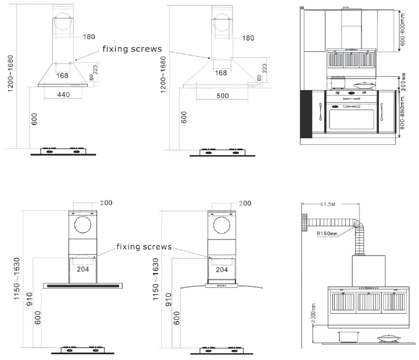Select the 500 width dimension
click(x=222, y=96)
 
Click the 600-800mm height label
click(x=402, y=29)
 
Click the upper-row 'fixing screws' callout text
click(x=132, y=49)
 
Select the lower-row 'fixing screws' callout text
click(x=144, y=247)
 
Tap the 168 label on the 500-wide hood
click(x=221, y=73)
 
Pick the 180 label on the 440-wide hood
click(x=89, y=37)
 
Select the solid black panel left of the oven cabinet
click(x=306, y=113)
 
